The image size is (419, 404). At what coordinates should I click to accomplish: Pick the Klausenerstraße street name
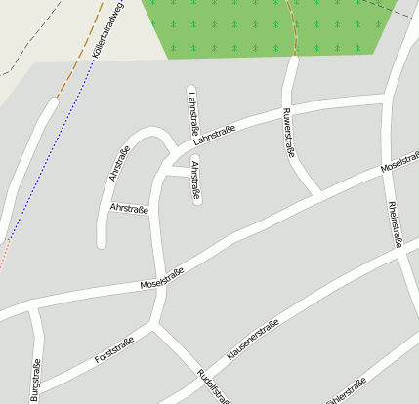click(x=253, y=340)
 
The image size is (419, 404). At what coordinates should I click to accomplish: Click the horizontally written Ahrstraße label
click(x=129, y=209)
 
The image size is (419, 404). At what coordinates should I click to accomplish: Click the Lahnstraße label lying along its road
click(x=215, y=134)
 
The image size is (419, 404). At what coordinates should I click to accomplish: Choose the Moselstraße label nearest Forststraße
click(x=162, y=278)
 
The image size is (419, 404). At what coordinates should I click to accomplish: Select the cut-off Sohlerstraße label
click(x=346, y=391)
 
